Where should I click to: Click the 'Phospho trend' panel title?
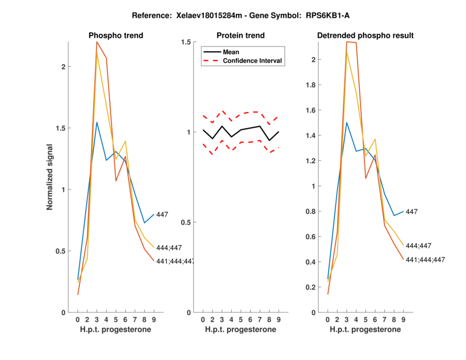[x=115, y=36]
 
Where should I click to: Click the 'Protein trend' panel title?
[x=241, y=36]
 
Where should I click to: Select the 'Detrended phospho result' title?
[x=365, y=36]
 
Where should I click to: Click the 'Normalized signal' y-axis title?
[x=50, y=177]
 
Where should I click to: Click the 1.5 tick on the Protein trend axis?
[x=188, y=42]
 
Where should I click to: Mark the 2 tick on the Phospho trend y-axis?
[x=63, y=66]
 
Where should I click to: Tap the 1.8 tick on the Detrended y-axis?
[x=312, y=85]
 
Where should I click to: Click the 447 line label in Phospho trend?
[x=162, y=215]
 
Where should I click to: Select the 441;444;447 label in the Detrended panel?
[x=425, y=260]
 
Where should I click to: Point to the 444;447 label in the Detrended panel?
[x=418, y=246]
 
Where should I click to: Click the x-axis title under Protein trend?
[x=241, y=330]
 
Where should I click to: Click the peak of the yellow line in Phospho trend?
[x=97, y=52]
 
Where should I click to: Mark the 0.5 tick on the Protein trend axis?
[x=188, y=223]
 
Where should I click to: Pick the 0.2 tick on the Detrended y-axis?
[x=312, y=287]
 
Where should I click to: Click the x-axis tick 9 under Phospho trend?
[x=154, y=319]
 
